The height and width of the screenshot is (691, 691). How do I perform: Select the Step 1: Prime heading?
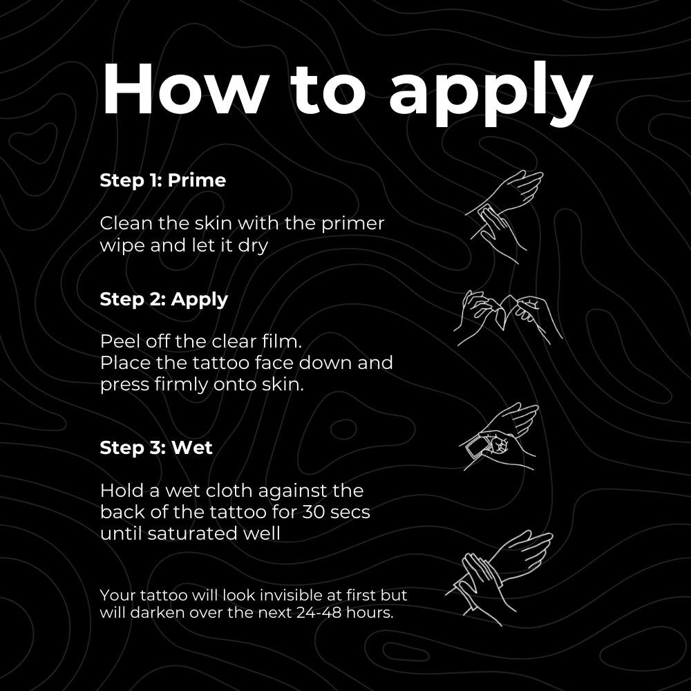(162, 180)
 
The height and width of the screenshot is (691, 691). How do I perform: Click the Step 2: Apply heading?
(164, 299)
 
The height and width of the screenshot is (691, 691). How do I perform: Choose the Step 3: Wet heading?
(156, 447)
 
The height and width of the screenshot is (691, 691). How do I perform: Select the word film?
(283, 341)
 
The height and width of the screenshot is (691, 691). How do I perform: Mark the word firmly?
(169, 385)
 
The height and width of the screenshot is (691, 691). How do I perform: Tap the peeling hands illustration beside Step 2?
(508, 318)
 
